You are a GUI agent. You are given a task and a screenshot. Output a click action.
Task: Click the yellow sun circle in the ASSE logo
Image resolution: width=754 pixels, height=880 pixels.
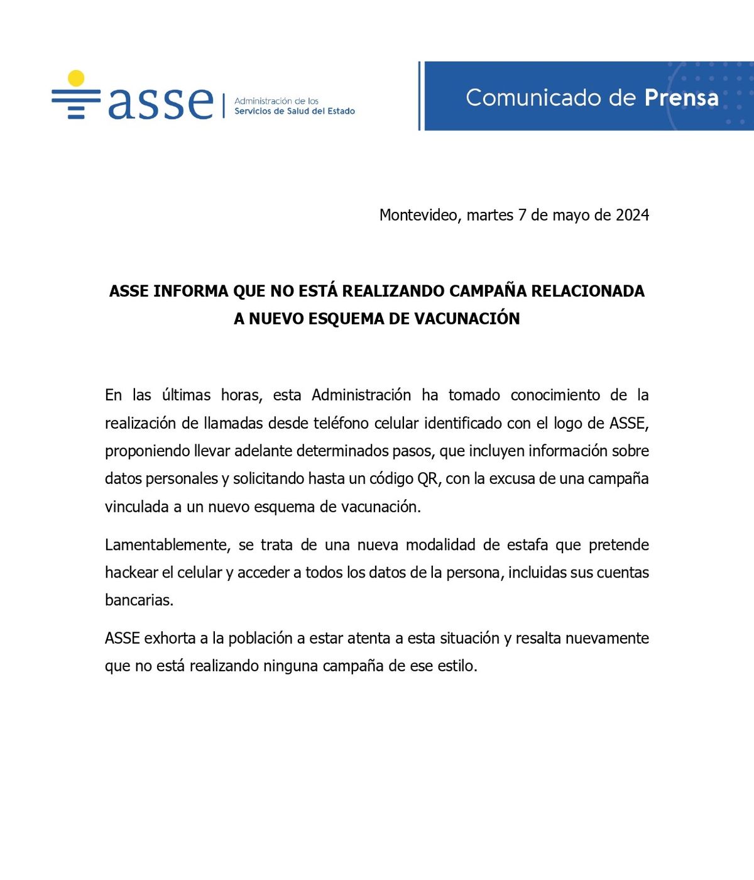[x=76, y=78]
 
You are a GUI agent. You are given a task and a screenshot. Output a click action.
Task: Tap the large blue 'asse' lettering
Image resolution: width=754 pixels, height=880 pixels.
[x=161, y=102]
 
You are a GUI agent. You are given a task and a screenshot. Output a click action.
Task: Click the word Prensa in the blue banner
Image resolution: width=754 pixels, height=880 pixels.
[x=681, y=98]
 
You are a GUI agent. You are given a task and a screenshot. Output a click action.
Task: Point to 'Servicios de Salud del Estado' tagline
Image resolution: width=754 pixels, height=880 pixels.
[x=294, y=111]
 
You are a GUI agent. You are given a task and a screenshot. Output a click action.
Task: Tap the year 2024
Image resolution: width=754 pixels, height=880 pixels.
[x=632, y=215]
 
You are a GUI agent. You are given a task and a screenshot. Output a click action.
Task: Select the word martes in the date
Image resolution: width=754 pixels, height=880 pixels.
[x=489, y=215]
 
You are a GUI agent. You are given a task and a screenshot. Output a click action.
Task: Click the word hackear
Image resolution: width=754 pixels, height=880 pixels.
[x=131, y=573]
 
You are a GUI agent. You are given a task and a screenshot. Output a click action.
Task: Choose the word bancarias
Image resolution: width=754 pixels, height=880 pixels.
[x=138, y=600]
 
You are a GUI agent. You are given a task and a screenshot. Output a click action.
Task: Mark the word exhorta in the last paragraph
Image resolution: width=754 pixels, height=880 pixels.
[x=170, y=639]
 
